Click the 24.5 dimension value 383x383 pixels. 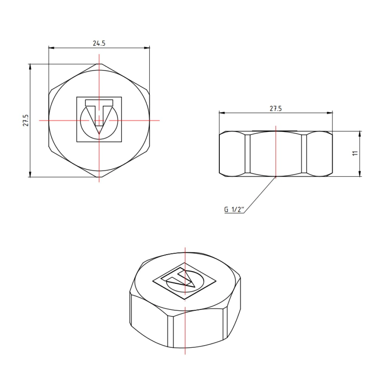coord(99,43)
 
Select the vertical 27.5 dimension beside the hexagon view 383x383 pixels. coord(25,120)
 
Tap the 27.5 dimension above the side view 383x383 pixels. coord(275,108)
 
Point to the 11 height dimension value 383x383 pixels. coord(355,153)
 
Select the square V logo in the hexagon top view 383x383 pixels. coord(99,119)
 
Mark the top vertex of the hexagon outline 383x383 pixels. coord(99,64)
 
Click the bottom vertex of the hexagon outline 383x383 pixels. coord(99,177)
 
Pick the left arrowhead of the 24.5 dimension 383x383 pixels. coord(51,48)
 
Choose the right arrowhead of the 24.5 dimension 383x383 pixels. coord(147,48)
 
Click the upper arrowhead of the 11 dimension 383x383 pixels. coord(360,133)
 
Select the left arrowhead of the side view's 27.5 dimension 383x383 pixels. coord(221,113)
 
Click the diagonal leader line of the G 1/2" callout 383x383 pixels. coord(260,193)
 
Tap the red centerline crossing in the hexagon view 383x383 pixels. coord(99,120)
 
